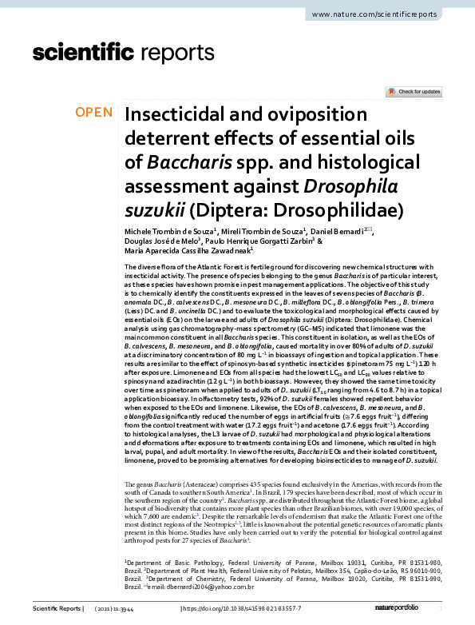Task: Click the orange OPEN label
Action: click(x=94, y=113)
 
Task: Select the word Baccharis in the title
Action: click(x=186, y=162)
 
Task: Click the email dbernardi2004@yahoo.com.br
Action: click(x=203, y=587)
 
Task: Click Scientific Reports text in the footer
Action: click(x=57, y=609)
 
